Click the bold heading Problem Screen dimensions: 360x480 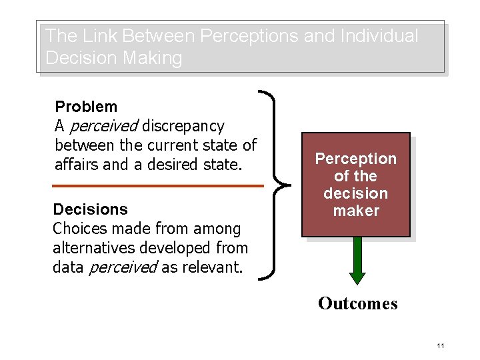[x=86, y=107]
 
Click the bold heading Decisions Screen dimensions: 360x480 [x=90, y=209]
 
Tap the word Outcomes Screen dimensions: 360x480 [x=357, y=304]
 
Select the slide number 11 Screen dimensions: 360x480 [x=440, y=345]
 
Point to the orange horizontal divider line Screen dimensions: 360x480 [x=157, y=185]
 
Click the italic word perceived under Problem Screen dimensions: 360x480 [x=103, y=126]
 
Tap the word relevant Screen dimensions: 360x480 [x=212, y=267]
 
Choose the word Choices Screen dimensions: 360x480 [x=79, y=229]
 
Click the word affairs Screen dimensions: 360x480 [x=79, y=164]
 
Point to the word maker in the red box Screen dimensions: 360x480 [x=355, y=211]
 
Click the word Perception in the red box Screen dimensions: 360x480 [x=355, y=159]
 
